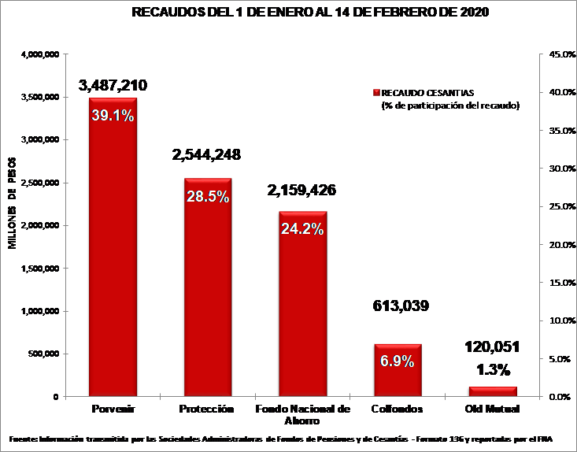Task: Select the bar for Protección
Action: click(208, 299)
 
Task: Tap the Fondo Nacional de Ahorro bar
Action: click(302, 315)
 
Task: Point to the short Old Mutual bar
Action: click(493, 391)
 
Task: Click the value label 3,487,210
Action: click(113, 85)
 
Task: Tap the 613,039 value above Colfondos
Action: click(400, 306)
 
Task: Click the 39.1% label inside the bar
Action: click(113, 115)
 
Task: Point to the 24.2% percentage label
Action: click(302, 230)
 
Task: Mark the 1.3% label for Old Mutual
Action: click(493, 369)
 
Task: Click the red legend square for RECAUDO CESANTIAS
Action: click(376, 92)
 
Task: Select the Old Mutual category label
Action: click(493, 409)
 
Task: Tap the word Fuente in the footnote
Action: click(24, 438)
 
